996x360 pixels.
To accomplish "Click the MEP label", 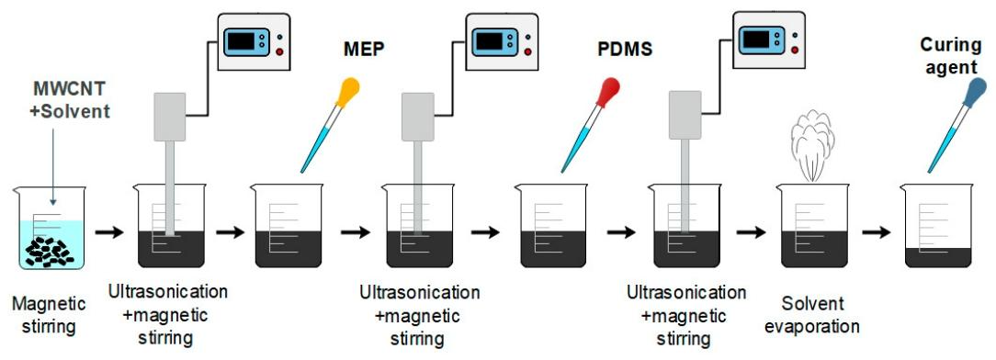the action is click(x=366, y=49).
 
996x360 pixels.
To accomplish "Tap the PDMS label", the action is click(x=625, y=49).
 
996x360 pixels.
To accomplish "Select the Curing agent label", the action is click(x=951, y=54).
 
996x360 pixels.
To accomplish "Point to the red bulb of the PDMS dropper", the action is click(x=607, y=92).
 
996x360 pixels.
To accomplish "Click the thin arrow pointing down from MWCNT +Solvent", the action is click(x=53, y=167).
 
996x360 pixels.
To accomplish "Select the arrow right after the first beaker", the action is click(x=109, y=232).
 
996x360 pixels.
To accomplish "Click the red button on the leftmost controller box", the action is click(x=279, y=51).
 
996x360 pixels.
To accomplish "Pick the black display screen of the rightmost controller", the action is click(x=756, y=39).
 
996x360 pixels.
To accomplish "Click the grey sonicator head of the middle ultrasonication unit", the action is click(x=418, y=117).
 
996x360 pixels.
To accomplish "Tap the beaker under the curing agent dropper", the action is click(x=937, y=226).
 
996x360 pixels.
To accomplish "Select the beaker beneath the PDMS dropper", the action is click(x=550, y=226).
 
